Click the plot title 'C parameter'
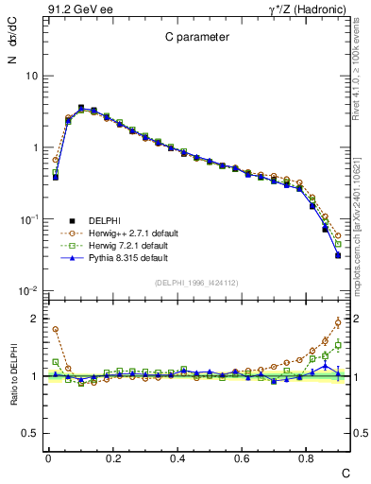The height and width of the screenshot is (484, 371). click(x=190, y=38)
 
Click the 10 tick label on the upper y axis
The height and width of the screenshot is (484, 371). click(x=30, y=76)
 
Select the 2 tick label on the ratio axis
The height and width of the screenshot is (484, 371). click(x=33, y=319)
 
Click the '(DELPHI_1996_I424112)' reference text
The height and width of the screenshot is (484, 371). click(x=192, y=282)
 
